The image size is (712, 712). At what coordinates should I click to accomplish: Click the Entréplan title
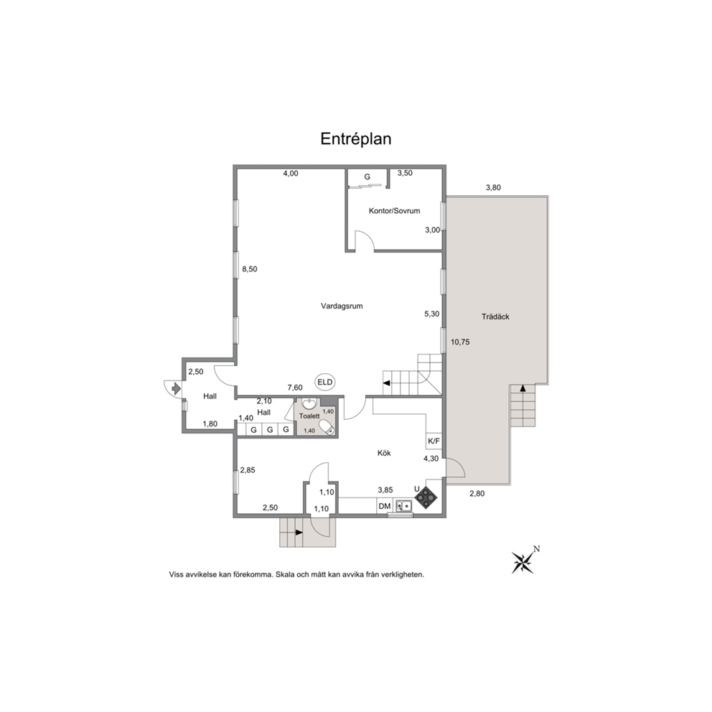click(355, 139)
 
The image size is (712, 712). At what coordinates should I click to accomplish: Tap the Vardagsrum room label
click(342, 306)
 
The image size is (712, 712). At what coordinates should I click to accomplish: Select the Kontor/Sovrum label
click(394, 211)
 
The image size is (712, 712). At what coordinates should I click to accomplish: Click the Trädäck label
click(495, 317)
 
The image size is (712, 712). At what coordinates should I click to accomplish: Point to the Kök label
click(384, 453)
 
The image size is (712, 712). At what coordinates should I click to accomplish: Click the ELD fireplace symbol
click(325, 383)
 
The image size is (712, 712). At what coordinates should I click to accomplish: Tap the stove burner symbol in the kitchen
click(426, 497)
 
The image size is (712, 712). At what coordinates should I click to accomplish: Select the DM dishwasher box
click(385, 506)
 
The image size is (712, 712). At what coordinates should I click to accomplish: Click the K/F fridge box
click(434, 441)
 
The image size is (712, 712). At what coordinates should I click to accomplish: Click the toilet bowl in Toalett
click(327, 427)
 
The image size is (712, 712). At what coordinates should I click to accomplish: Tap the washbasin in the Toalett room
click(309, 403)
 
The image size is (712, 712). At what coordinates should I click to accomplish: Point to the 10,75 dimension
click(460, 342)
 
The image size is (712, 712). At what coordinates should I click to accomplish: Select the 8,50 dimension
click(249, 269)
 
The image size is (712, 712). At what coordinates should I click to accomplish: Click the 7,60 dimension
click(295, 388)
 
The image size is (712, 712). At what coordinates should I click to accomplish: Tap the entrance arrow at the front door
click(176, 388)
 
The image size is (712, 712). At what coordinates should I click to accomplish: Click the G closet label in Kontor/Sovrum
click(367, 177)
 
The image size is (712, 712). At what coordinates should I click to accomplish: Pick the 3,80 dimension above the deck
click(493, 187)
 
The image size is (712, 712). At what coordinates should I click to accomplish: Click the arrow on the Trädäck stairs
click(523, 388)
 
